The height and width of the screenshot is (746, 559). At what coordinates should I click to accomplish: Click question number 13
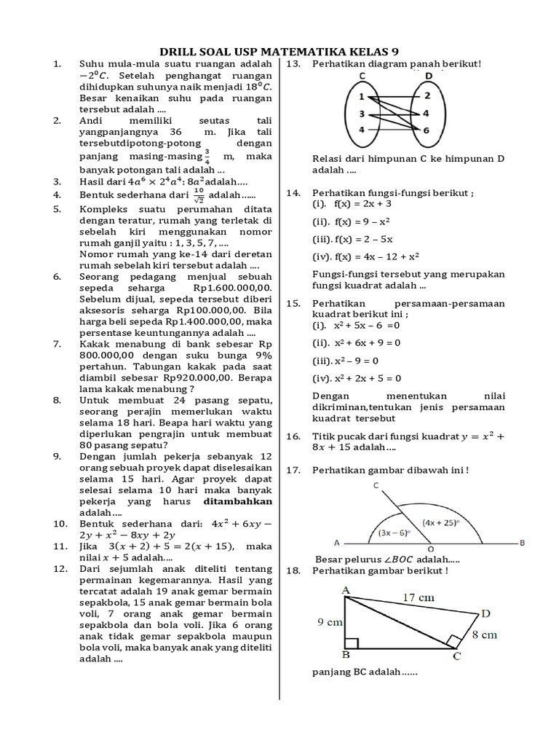(x=293, y=64)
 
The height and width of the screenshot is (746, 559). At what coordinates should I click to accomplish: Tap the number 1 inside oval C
(x=361, y=96)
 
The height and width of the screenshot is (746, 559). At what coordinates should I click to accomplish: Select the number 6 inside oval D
(x=427, y=130)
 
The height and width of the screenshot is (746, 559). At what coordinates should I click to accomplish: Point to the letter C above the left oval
(x=362, y=76)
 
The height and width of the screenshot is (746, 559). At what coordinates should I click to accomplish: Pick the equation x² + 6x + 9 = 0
(x=357, y=342)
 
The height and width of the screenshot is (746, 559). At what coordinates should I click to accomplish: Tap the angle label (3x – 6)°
(x=394, y=532)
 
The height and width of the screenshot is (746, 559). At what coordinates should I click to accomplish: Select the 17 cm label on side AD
(x=419, y=597)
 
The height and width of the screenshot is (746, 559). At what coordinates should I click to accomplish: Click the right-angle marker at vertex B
(x=351, y=643)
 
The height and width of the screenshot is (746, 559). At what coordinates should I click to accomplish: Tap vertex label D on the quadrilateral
(x=485, y=613)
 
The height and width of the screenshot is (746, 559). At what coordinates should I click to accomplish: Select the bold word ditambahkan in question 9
(x=238, y=501)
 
